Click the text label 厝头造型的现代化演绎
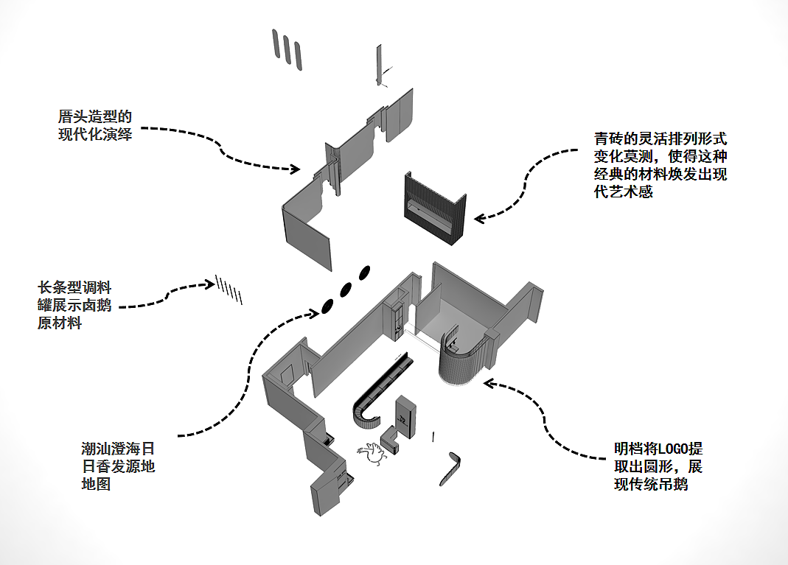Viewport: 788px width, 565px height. [x=95, y=125]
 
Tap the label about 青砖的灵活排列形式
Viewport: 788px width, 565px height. [x=660, y=165]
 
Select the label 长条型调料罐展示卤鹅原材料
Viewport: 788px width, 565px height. [x=74, y=304]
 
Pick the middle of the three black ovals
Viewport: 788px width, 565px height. [x=345, y=289]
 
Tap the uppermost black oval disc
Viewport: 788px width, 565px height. [x=363, y=273]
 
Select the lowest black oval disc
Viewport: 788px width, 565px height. [x=326, y=306]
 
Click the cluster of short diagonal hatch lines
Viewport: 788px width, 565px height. [x=229, y=289]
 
